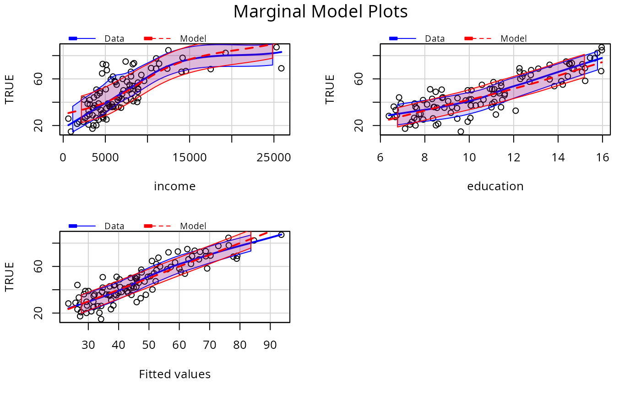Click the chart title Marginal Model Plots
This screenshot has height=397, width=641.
(320, 12)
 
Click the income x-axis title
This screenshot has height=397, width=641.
(174, 187)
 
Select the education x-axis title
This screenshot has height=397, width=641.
(495, 187)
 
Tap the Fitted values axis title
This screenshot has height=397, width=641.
(174, 375)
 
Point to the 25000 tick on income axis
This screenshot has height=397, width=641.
(274, 158)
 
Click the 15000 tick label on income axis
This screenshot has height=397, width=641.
(190, 158)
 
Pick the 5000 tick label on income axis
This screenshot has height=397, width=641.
(105, 158)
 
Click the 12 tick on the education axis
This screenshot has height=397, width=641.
(513, 158)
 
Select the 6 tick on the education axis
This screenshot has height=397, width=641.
(380, 158)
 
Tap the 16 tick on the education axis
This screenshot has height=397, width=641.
(603, 158)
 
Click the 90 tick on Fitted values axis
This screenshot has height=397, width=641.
(270, 345)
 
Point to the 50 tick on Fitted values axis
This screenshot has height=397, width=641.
(149, 345)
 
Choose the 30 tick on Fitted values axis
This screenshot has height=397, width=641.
(88, 345)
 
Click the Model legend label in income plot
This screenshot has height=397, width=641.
(193, 39)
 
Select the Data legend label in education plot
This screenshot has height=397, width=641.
(435, 39)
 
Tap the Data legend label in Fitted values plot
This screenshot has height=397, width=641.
(114, 226)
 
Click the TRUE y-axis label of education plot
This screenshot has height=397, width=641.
(330, 89)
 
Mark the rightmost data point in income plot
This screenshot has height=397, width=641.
(281, 68)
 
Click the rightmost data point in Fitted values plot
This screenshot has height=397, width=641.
(281, 235)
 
